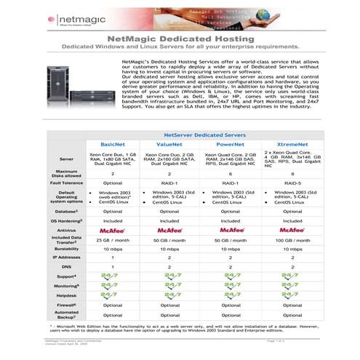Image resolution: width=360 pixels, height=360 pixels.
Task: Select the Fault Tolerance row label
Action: point(67,184)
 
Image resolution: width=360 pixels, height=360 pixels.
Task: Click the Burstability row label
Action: point(67,248)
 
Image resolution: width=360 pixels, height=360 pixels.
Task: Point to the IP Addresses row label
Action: point(67,257)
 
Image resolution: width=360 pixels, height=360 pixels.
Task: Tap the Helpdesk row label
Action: point(67,295)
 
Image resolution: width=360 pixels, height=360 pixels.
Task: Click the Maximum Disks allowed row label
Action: point(67,173)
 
